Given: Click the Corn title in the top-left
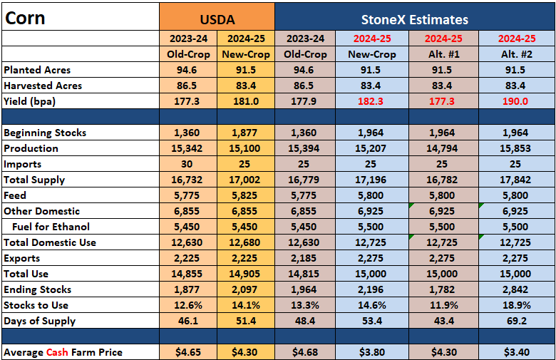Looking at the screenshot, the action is pyautogui.click(x=25, y=18).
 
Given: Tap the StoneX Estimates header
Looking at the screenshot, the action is pyautogui.click(x=415, y=19).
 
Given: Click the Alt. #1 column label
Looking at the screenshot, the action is pyautogui.click(x=443, y=54).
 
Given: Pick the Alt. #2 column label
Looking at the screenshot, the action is pyautogui.click(x=517, y=54).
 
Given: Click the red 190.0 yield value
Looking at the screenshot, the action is pyautogui.click(x=515, y=101).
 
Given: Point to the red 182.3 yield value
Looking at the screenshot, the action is pyautogui.click(x=371, y=101).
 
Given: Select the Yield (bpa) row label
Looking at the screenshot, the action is pyautogui.click(x=30, y=102).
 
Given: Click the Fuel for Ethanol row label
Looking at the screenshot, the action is pyautogui.click(x=51, y=227).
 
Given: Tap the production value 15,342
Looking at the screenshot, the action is pyautogui.click(x=187, y=148).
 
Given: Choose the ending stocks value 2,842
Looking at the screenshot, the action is pyautogui.click(x=515, y=289).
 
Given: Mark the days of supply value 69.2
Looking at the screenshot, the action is pyautogui.click(x=517, y=321).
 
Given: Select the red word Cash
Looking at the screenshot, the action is pyautogui.click(x=57, y=352).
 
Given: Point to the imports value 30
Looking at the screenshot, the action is pyautogui.click(x=187, y=164).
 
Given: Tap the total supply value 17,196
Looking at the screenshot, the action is pyautogui.click(x=371, y=180).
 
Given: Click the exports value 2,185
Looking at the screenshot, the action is pyautogui.click(x=304, y=258).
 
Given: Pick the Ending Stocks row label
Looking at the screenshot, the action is pyautogui.click(x=38, y=289).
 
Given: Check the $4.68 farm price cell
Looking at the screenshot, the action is pyautogui.click(x=305, y=352).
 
